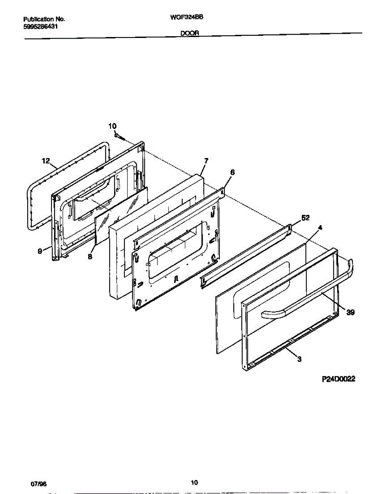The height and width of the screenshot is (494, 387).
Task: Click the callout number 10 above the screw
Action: pos(112,126)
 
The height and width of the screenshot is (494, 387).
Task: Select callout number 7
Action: pos(206,161)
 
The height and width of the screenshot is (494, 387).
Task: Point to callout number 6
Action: pos(232,172)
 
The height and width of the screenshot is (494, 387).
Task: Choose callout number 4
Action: pos(320,227)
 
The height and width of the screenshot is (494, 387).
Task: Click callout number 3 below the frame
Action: pos(299,359)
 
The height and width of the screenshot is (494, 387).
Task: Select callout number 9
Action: pos(40,252)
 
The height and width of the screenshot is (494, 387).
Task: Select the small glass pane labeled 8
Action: pos(121,214)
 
